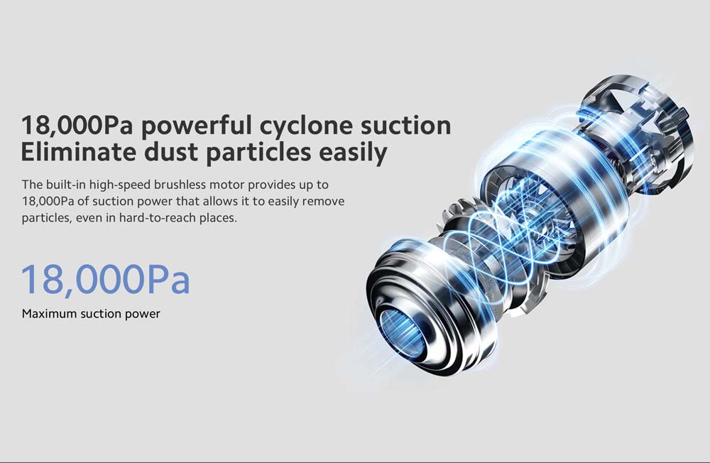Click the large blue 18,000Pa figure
click(x=106, y=280)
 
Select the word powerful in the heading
click(x=196, y=126)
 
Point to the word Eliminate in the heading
click(x=79, y=152)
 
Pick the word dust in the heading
click(x=172, y=152)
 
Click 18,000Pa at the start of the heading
click(x=77, y=126)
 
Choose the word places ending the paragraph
click(x=219, y=218)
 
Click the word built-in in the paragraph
click(x=66, y=185)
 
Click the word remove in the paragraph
click(x=323, y=202)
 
